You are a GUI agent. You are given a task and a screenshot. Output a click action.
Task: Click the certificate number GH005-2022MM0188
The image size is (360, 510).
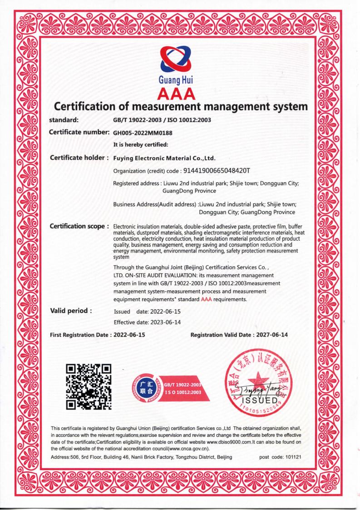point(143,133)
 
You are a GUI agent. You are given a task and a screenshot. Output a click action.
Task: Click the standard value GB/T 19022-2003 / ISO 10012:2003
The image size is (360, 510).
point(162,120)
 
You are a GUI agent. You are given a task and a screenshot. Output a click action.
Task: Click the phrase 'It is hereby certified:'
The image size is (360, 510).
point(140,145)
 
